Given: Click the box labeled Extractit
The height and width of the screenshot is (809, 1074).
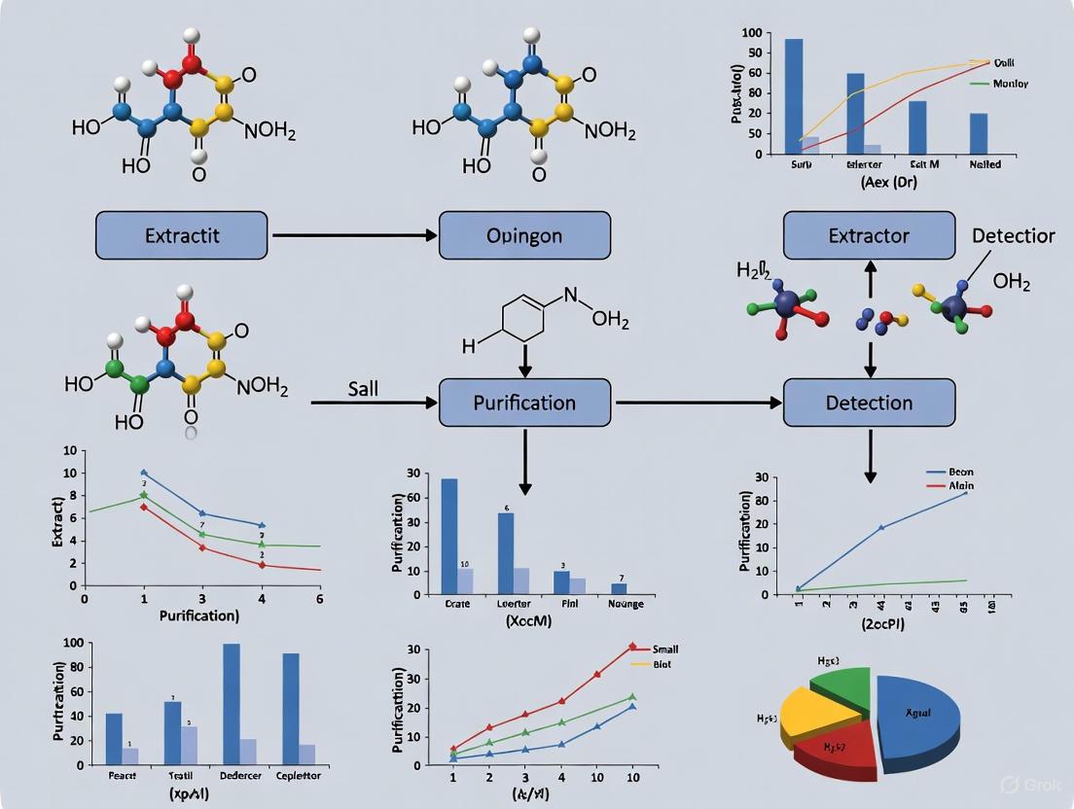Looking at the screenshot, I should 181,235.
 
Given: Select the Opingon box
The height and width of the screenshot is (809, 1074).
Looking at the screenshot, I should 524,235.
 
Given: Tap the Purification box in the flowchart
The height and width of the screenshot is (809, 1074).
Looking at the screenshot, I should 524,403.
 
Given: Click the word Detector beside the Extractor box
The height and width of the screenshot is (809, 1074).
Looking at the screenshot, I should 1013,235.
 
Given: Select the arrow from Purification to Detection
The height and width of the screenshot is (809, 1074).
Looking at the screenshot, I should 697,403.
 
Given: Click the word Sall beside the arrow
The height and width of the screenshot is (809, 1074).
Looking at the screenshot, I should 363,389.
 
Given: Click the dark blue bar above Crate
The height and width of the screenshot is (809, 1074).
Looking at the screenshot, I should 449,536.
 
